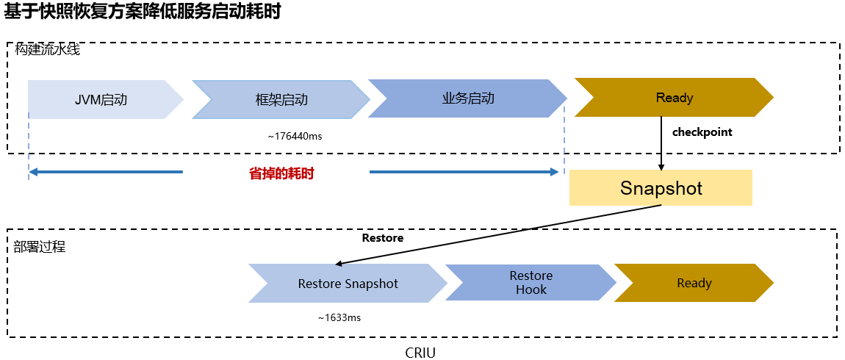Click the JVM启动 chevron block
point(101,99)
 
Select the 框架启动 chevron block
point(281,99)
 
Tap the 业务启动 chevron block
point(468,98)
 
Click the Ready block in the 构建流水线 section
point(674,98)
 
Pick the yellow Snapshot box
point(661,188)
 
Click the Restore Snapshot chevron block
point(348,284)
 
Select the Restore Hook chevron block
point(531,283)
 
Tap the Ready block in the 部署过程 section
point(694,283)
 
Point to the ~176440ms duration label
point(295,136)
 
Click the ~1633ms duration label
point(339,318)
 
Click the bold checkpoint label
point(702,132)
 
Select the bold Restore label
point(382,238)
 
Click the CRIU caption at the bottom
point(420,353)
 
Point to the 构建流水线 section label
point(47,50)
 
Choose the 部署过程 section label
point(40,247)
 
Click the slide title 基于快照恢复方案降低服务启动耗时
point(143,13)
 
